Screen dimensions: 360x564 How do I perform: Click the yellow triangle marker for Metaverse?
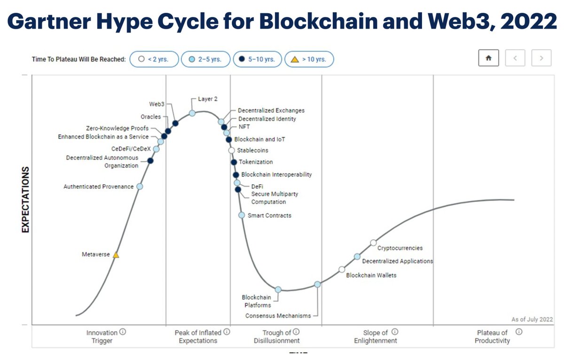[116, 255]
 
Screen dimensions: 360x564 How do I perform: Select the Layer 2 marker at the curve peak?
[192, 113]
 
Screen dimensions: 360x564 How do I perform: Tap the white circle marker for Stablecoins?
[231, 150]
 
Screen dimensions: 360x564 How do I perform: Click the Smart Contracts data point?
[242, 215]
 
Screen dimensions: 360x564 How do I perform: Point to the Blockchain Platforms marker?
[278, 290]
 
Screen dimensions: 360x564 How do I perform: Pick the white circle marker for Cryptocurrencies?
[373, 243]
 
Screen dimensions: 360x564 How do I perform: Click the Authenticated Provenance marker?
[140, 187]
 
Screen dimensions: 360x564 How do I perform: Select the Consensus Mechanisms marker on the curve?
[318, 284]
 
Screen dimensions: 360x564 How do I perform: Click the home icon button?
[488, 58]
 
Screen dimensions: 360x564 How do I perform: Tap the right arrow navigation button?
[541, 58]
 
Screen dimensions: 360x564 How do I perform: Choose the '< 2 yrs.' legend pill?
[154, 59]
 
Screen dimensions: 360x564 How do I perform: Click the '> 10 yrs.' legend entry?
[309, 59]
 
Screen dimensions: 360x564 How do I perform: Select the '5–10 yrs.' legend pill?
[257, 59]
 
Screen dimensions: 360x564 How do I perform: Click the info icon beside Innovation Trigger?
[123, 332]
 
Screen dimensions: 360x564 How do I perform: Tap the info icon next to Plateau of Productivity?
[519, 332]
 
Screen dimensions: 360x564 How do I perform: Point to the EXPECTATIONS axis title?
[25, 199]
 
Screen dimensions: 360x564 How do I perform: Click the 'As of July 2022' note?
[532, 320]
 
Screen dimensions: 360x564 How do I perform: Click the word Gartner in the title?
[50, 22]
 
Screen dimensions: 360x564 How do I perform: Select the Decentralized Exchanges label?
[271, 110]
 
